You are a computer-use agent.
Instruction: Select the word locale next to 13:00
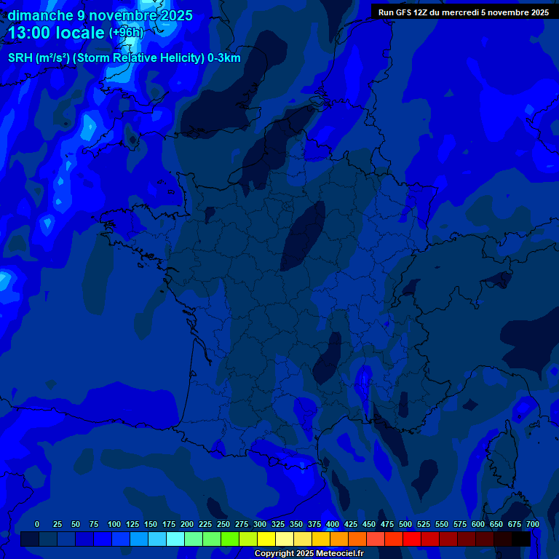[82, 33]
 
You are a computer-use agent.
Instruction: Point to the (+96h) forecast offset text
[126, 33]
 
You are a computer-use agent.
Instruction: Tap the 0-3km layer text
[224, 58]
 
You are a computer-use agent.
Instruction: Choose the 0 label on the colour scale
[37, 524]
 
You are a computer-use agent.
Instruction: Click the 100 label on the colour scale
[114, 524]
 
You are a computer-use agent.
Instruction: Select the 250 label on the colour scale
[223, 524]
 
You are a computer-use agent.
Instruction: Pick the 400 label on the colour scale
[333, 524]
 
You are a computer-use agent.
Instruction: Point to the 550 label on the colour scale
[442, 524]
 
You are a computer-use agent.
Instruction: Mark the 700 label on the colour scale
[533, 524]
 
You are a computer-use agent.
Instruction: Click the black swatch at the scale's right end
[521, 539]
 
